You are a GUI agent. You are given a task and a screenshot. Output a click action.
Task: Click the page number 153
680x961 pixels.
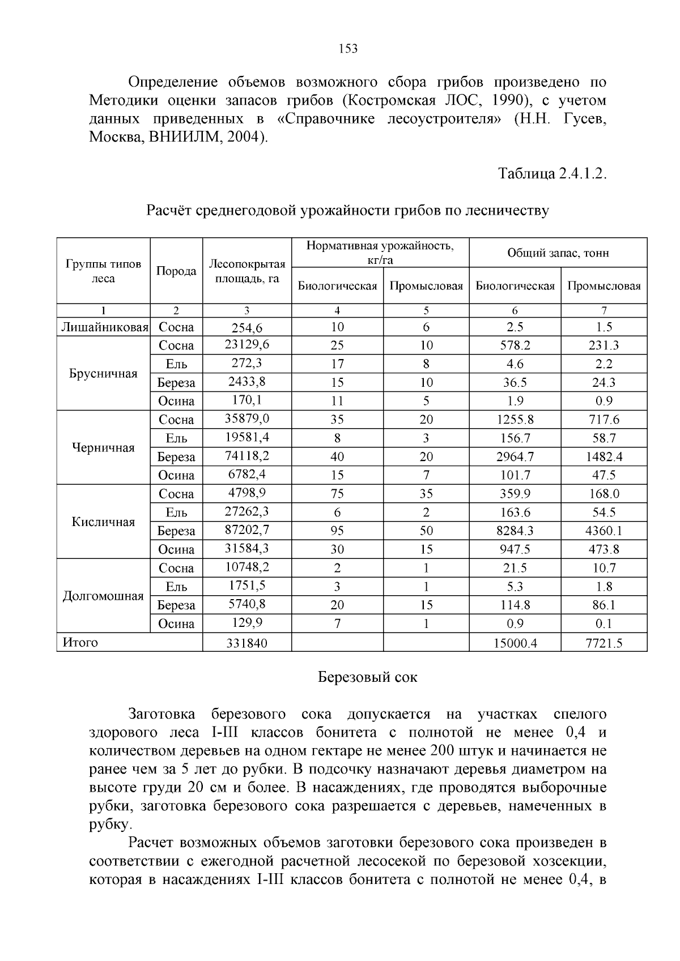(x=348, y=49)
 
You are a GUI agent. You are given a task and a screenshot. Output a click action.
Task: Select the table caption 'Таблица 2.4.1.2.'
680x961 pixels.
(x=552, y=174)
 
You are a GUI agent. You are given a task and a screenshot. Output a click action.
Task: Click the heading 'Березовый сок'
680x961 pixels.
(x=367, y=677)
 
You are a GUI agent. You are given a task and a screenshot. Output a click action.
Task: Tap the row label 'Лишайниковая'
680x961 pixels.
(x=104, y=327)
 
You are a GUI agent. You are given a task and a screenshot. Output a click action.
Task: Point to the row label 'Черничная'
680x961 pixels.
(x=103, y=448)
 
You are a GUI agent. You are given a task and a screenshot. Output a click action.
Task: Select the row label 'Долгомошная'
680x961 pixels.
(x=103, y=596)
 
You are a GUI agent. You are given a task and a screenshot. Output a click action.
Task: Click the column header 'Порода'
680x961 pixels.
(x=176, y=271)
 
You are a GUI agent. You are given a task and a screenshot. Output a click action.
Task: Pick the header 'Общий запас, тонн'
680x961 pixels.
(x=558, y=253)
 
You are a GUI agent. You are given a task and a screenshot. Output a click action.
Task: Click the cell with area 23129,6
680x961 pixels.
(x=247, y=345)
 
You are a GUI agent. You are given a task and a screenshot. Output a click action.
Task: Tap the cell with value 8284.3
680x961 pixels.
(x=515, y=531)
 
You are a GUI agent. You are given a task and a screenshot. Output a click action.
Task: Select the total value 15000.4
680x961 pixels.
(x=515, y=643)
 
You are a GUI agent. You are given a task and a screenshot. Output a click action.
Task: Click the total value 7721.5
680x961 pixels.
(x=603, y=643)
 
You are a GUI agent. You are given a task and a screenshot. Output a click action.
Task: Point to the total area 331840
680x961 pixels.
(x=247, y=643)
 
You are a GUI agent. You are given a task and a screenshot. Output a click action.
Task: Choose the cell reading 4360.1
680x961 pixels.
(x=603, y=531)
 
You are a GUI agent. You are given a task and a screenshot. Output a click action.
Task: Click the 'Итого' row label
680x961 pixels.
(x=80, y=643)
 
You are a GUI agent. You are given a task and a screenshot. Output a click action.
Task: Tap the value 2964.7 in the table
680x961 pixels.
(x=515, y=457)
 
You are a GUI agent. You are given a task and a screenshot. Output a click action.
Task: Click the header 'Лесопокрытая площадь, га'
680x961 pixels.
(x=247, y=271)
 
